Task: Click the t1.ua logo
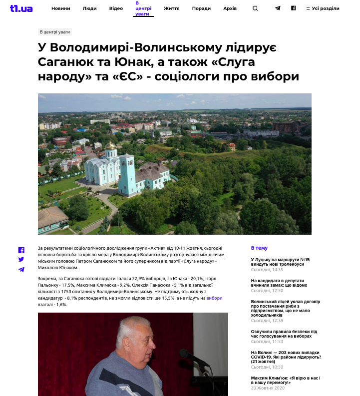21,8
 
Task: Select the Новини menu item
60,8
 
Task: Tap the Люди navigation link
89,8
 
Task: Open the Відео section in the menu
116,8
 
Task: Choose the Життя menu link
172,8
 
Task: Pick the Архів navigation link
230,8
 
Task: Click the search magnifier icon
255,8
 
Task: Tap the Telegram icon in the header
278,8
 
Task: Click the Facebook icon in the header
294,8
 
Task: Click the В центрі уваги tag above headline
55,32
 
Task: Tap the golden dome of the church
110,146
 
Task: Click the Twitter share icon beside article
21,260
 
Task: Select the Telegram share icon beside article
21,270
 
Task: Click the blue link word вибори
214,298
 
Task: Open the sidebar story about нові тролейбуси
280,262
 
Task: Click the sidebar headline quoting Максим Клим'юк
286,380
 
